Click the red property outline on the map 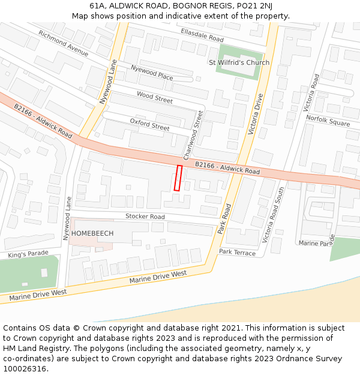(x=178, y=178)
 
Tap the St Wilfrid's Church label (x=238, y=62)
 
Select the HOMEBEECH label (x=92, y=233)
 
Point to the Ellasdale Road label (x=202, y=35)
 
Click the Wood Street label (x=154, y=98)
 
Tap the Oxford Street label (x=149, y=124)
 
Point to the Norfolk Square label (x=328, y=120)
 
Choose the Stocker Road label (x=145, y=217)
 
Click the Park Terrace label (x=237, y=253)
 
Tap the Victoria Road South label (x=273, y=215)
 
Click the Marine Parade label (x=316, y=243)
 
